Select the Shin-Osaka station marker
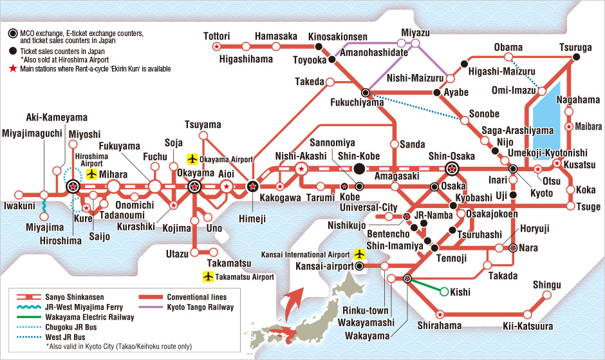point(453,169)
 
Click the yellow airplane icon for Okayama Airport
point(192,158)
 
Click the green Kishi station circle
point(443,292)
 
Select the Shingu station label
point(547,285)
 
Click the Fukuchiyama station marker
point(366,93)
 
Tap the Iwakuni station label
point(18,207)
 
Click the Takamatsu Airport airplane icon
point(208,277)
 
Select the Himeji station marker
point(253,187)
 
